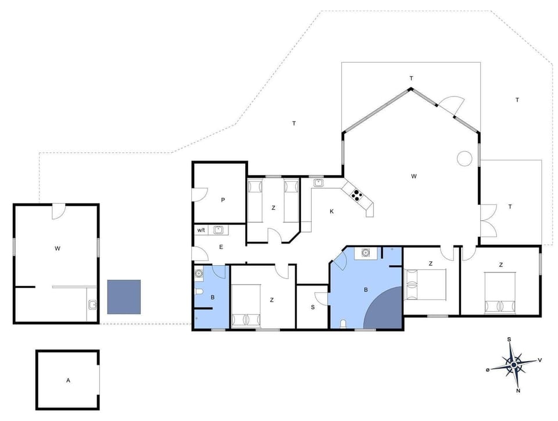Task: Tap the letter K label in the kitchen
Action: point(332,211)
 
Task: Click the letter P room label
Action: point(223,200)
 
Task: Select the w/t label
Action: point(201,230)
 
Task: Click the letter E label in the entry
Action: point(221,247)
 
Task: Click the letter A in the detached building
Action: point(67,380)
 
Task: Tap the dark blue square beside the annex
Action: point(124,297)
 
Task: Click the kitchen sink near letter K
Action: point(319,183)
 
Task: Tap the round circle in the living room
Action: point(464,158)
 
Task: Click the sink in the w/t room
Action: point(218,230)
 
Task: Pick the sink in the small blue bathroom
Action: point(199,273)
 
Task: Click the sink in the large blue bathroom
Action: point(366,252)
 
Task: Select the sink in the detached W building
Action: point(92,304)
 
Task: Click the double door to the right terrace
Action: point(488,220)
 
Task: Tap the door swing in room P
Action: point(201,195)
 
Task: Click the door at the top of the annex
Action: point(59,211)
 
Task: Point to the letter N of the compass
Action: point(518,391)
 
